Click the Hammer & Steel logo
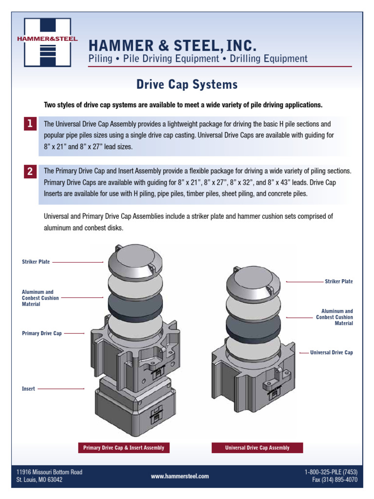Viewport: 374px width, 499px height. pyautogui.click(x=47, y=42)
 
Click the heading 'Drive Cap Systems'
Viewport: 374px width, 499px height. pyautogui.click(x=187, y=85)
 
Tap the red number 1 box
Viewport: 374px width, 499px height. pyautogui.click(x=30, y=124)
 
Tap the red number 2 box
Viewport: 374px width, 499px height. pyautogui.click(x=30, y=172)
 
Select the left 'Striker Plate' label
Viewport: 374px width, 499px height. pyautogui.click(x=36, y=262)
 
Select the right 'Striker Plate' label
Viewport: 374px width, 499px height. pyautogui.click(x=338, y=282)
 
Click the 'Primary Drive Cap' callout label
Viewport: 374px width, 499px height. pyautogui.click(x=42, y=334)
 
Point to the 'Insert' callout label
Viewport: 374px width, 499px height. pyautogui.click(x=28, y=389)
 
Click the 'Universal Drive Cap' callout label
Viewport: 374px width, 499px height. pyautogui.click(x=331, y=352)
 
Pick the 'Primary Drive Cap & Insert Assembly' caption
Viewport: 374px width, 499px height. pyautogui.click(x=124, y=447)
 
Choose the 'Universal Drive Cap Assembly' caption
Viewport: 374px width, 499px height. pyautogui.click(x=257, y=447)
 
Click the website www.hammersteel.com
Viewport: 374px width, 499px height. pyautogui.click(x=180, y=476)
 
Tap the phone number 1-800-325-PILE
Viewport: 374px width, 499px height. pyautogui.click(x=331, y=472)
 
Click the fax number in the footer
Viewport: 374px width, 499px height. pyautogui.click(x=335, y=480)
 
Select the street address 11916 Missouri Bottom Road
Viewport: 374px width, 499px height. pyautogui.click(x=49, y=472)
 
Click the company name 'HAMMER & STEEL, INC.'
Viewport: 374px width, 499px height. pyautogui.click(x=171, y=46)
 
